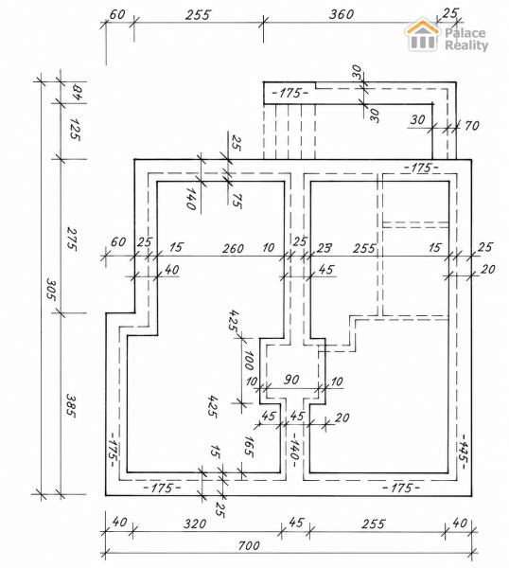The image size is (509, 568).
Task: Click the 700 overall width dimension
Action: click(x=249, y=545)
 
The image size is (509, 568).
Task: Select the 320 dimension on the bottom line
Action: click(x=195, y=524)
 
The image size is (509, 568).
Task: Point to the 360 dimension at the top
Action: click(x=342, y=14)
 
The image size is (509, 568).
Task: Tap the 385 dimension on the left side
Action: click(x=71, y=406)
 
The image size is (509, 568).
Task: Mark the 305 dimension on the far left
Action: click(x=51, y=289)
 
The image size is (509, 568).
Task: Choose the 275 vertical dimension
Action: click(x=71, y=239)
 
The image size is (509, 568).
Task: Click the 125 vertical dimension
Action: click(x=75, y=129)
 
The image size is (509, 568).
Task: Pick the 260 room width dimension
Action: click(x=233, y=248)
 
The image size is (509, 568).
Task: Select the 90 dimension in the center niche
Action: click(x=291, y=380)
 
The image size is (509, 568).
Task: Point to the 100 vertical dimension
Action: click(x=249, y=360)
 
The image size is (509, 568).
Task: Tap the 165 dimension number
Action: click(x=249, y=446)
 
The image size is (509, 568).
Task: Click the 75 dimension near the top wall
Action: click(x=237, y=201)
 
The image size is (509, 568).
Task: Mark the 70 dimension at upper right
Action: click(x=472, y=126)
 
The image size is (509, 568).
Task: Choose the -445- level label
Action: click(x=463, y=453)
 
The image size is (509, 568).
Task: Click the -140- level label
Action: click(x=294, y=449)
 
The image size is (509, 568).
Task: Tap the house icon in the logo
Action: click(x=423, y=34)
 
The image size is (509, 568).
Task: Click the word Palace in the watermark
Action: click(x=465, y=33)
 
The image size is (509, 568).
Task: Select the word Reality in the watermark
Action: click(x=466, y=45)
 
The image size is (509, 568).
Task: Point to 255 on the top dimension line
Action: click(x=198, y=15)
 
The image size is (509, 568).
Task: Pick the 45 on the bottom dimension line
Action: click(x=296, y=523)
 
